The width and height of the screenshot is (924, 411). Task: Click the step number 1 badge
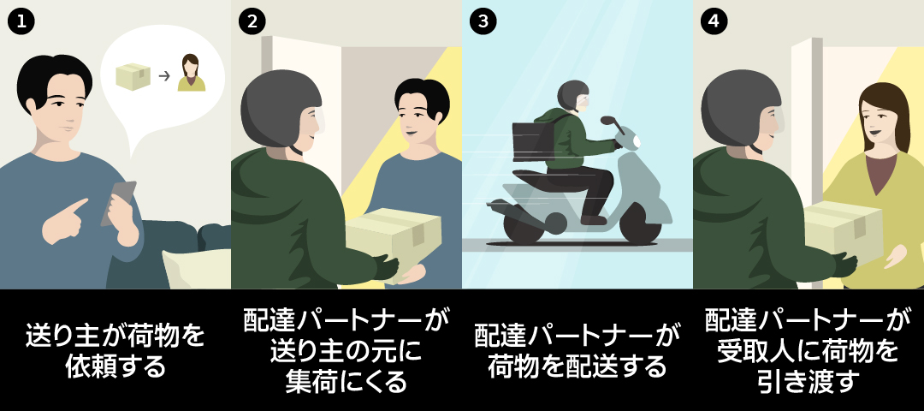[x=21, y=21]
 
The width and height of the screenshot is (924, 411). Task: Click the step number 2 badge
[x=252, y=21]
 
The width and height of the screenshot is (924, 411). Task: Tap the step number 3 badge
[x=483, y=21]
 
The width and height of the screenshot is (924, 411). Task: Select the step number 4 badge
[x=714, y=21]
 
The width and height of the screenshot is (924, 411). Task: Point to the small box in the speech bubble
[x=133, y=76]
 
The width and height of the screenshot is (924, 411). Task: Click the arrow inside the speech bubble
[x=164, y=75]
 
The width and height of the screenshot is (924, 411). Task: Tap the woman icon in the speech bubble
[x=192, y=73]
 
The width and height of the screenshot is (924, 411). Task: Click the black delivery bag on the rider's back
[x=533, y=141]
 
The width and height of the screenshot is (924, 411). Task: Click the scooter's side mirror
[x=609, y=122]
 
